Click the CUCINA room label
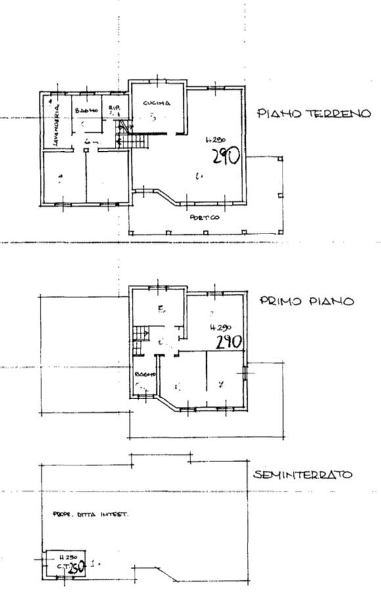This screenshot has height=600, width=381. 157,103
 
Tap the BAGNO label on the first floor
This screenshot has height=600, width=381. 144,374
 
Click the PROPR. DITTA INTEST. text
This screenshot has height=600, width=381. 89,515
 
